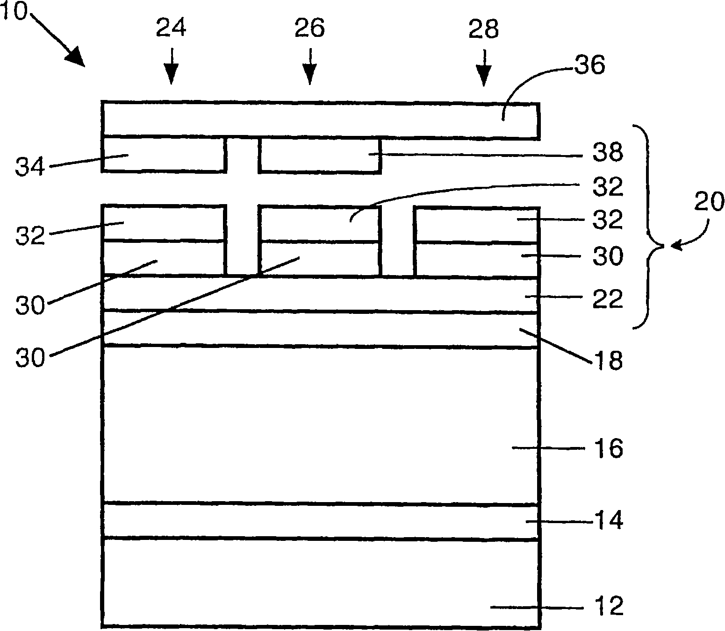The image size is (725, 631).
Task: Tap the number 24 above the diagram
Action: tap(171, 28)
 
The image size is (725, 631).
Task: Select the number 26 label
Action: tap(309, 28)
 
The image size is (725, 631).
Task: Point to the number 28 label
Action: tap(483, 30)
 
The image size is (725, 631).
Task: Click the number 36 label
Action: tap(589, 65)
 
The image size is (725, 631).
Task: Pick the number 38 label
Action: tap(608, 153)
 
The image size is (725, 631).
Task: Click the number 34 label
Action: tap(29, 167)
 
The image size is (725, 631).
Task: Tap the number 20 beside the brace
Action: tap(709, 202)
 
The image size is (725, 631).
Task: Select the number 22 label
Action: tap(608, 298)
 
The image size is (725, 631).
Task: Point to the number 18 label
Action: tap(608, 361)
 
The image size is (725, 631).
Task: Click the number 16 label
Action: tap(608, 449)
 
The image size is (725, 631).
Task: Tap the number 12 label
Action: tap(608, 606)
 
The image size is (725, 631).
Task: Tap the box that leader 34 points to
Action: tap(164, 155)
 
